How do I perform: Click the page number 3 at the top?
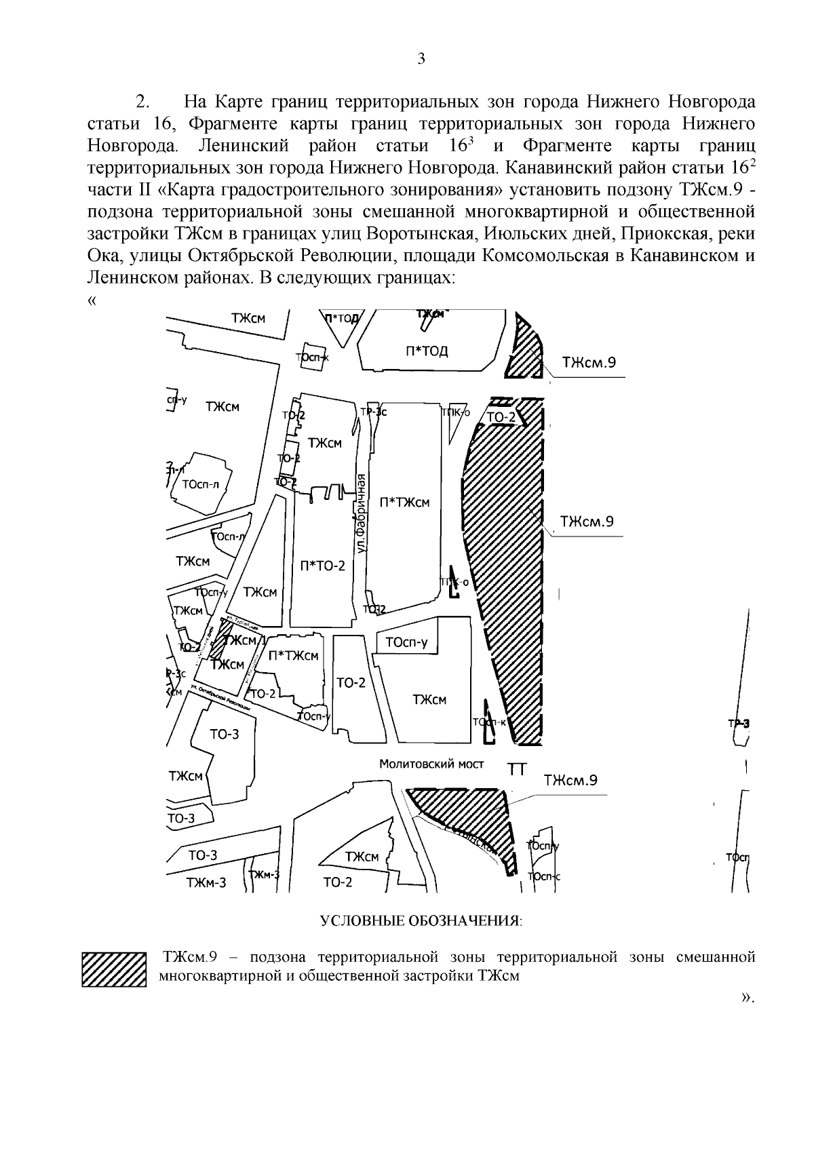421,59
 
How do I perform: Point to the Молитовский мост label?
431,764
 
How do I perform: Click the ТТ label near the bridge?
518,768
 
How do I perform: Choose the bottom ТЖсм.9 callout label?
570,780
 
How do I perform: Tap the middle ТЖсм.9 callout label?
587,522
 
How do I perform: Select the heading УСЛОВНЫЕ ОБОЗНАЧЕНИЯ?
421,921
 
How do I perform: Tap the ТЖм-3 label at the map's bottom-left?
206,882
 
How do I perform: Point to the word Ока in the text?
103,256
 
